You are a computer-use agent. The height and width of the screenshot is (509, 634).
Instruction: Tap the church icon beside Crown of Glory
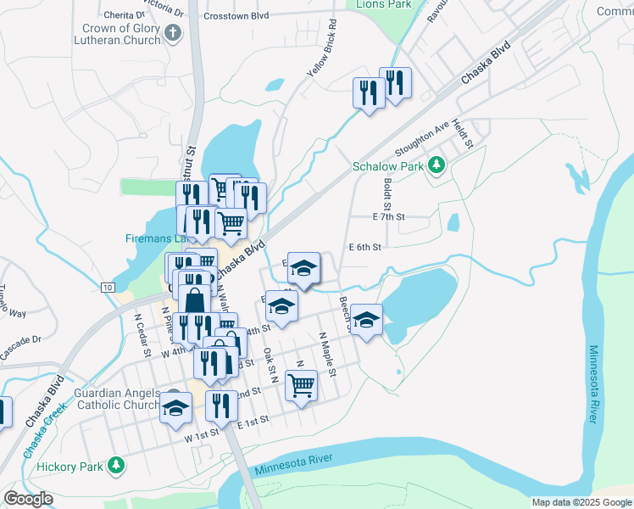pos(173,34)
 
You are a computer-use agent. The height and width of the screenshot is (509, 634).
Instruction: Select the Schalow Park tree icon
pos(437,164)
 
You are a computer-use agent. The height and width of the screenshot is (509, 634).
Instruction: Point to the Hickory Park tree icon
pos(116,465)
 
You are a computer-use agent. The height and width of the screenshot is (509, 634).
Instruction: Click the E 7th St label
pos(389,217)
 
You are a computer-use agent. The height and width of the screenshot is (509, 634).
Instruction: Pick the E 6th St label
pos(365,247)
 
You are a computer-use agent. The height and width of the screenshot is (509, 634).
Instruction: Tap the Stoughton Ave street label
pos(419,141)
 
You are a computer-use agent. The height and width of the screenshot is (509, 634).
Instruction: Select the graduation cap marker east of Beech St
pos(366,319)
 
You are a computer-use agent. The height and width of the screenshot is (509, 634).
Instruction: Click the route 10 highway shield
pos(107,288)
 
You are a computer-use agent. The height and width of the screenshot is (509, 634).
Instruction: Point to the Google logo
pos(28,499)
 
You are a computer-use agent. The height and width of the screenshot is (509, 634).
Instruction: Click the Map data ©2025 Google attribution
pos(581,502)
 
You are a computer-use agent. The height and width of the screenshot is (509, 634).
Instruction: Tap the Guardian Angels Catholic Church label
pos(117,399)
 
